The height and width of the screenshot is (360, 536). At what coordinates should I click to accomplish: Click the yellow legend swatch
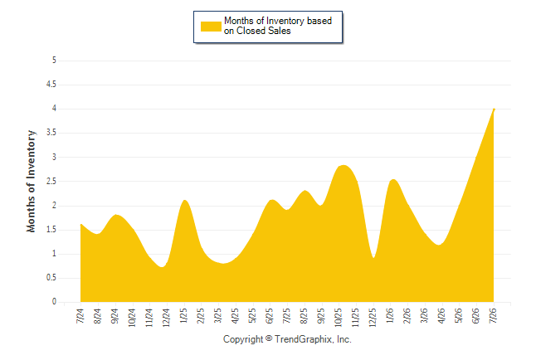click(211, 27)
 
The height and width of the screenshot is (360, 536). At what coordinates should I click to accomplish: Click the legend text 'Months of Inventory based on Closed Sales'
click(278, 26)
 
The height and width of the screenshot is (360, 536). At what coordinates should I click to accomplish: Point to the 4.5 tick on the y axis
click(51, 85)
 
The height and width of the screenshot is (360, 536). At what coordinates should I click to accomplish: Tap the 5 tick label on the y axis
click(54, 61)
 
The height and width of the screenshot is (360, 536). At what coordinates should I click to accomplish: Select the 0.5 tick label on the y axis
click(51, 278)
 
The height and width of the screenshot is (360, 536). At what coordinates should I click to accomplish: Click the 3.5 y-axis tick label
click(51, 133)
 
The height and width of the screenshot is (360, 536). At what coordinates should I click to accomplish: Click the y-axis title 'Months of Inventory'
click(31, 181)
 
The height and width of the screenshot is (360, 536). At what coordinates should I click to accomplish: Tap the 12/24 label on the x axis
click(166, 317)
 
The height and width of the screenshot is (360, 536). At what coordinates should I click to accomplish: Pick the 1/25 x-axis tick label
click(183, 315)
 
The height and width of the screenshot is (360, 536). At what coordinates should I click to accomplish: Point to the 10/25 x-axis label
click(338, 317)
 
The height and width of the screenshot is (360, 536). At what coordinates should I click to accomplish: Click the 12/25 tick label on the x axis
click(373, 317)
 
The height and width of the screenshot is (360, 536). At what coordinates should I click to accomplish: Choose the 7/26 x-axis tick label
click(493, 315)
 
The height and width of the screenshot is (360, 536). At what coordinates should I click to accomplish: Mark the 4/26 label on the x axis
click(441, 315)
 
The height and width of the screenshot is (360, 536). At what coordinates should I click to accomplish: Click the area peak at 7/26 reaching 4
click(494, 109)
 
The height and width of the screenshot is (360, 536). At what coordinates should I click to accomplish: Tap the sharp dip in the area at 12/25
click(373, 257)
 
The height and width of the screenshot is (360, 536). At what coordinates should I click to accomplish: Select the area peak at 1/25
click(184, 200)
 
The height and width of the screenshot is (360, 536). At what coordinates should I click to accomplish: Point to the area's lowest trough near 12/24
click(163, 266)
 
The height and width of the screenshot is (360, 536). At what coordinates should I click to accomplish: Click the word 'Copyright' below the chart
click(243, 339)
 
